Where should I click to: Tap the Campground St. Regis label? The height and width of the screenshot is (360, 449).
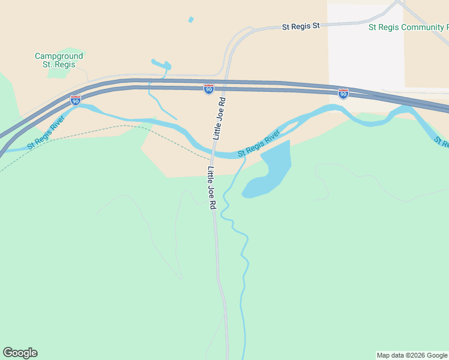tap(59, 60)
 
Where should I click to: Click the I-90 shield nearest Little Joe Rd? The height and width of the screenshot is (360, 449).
tap(208, 89)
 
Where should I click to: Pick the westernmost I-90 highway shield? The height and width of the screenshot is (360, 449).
tap(76, 101)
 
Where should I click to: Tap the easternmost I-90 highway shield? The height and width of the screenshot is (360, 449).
tap(343, 94)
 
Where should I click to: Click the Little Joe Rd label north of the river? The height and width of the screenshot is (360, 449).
tap(218, 118)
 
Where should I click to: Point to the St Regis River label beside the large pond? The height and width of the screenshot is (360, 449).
tap(259, 143)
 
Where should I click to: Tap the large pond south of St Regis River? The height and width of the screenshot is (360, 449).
tap(272, 171)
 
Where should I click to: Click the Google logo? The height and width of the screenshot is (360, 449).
tap(20, 353)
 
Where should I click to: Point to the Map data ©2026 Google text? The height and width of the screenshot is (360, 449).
tap(412, 355)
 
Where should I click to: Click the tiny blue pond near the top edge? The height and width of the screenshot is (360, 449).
tap(191, 20)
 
